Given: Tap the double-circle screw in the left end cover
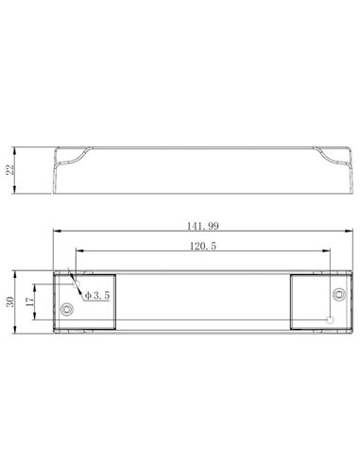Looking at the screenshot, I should [x=66, y=309].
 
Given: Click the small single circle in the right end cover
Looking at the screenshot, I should [x=330, y=318].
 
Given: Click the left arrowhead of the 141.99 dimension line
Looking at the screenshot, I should [x=55, y=233].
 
